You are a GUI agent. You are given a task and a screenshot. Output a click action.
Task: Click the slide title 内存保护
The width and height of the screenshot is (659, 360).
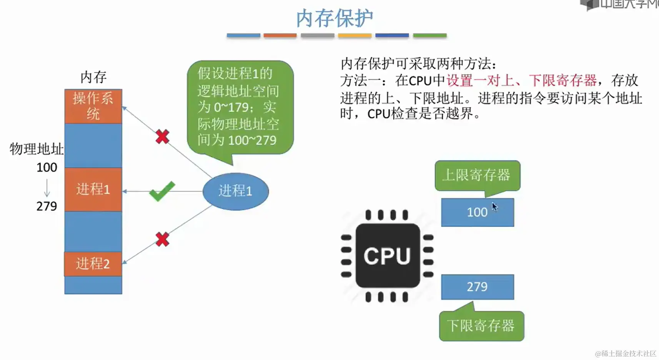click(x=334, y=18)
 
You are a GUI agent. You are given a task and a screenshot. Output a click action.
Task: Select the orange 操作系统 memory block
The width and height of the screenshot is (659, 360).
click(x=93, y=106)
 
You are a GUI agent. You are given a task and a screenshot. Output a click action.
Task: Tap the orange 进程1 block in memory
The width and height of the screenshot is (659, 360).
click(x=93, y=189)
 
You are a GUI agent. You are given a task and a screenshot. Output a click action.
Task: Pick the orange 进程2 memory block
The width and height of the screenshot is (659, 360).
click(x=93, y=264)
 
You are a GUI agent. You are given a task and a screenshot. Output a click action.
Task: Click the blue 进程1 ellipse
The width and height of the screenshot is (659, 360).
click(x=235, y=191)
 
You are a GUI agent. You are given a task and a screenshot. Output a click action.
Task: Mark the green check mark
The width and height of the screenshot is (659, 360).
click(x=162, y=191)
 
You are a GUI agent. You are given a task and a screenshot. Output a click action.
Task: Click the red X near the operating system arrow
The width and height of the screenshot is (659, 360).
click(x=162, y=136)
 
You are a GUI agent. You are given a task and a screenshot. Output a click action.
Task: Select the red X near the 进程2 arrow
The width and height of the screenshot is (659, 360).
click(x=162, y=239)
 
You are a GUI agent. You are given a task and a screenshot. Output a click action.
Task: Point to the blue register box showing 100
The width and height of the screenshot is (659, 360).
click(x=477, y=212)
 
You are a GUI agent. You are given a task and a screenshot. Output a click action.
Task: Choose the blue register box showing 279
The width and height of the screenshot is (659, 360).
click(x=477, y=287)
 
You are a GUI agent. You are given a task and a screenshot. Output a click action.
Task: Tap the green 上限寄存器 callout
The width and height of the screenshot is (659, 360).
click(x=477, y=176)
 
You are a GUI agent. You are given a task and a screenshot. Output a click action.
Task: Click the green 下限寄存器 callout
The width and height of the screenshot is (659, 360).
click(x=481, y=326)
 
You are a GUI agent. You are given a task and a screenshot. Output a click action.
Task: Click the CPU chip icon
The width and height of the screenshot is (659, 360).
click(x=387, y=256)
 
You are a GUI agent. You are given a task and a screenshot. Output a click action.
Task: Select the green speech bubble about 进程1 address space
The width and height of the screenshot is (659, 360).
click(x=240, y=107)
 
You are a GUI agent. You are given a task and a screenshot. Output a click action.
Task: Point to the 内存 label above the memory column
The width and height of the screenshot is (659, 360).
click(x=93, y=77)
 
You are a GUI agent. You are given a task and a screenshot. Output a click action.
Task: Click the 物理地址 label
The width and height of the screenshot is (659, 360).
click(x=37, y=149)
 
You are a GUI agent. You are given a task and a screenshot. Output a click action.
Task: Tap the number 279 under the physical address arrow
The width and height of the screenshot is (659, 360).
click(x=47, y=206)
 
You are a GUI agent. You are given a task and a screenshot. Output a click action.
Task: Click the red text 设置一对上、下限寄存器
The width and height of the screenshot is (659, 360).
click(x=521, y=81)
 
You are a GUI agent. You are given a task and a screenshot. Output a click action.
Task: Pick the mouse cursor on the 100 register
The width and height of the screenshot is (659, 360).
click(x=494, y=207)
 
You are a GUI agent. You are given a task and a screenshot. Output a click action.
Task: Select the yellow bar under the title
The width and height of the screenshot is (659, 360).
click(x=354, y=35)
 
